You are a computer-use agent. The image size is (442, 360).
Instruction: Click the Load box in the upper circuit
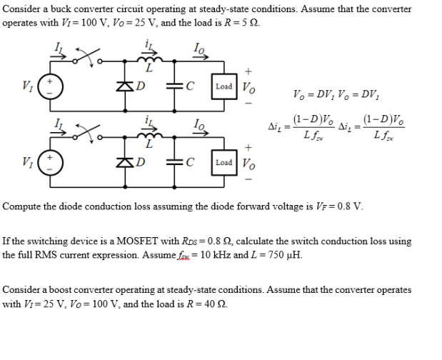pos(223,86)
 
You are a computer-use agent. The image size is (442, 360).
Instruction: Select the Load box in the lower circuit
pos(223,162)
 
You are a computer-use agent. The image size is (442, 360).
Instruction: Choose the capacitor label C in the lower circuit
pos(189,162)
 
